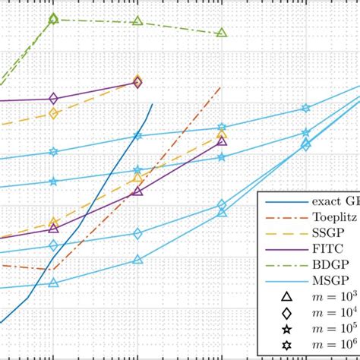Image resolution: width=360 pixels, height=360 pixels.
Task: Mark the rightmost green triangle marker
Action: (222, 33)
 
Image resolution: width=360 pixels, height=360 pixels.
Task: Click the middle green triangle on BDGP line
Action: (137, 21)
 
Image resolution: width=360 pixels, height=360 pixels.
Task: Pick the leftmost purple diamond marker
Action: (53, 98)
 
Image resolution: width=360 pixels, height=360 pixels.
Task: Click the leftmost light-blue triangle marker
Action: (53, 283)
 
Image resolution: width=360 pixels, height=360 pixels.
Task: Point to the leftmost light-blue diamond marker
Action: (53, 245)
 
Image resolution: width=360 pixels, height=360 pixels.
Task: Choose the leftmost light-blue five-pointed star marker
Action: (53, 182)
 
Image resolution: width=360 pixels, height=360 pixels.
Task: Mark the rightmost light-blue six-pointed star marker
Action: (306, 109)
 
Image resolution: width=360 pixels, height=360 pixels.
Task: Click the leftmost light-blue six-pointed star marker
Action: (53, 152)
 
